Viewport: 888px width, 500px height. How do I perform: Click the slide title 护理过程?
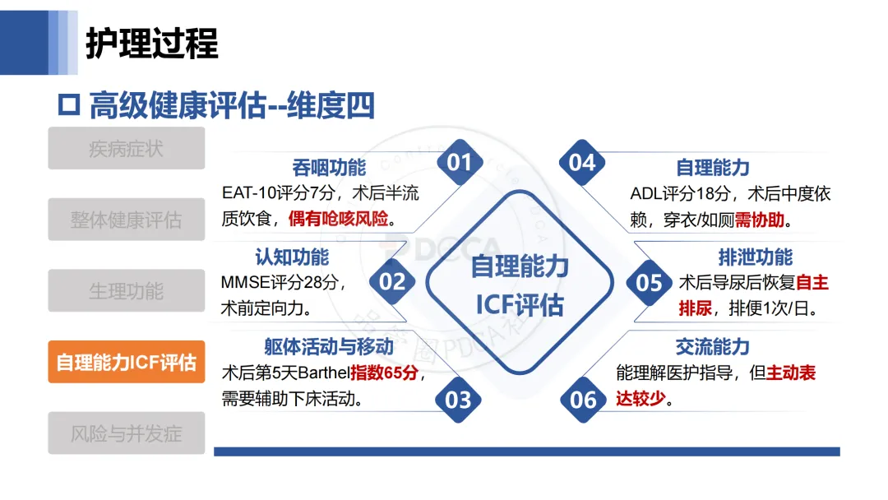point(152,43)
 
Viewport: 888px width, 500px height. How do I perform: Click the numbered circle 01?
point(460,163)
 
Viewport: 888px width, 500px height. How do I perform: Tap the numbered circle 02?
point(392,282)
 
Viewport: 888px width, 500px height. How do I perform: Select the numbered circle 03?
point(458,400)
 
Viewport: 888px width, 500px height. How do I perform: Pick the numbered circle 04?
point(582,163)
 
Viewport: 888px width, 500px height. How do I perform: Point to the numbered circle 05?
point(650,282)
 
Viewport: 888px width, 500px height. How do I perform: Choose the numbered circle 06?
point(583,400)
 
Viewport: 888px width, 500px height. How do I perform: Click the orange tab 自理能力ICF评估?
point(126,362)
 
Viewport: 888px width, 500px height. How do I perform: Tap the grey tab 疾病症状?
point(126,149)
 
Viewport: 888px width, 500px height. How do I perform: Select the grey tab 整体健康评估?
point(126,220)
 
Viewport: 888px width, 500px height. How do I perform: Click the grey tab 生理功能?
point(126,291)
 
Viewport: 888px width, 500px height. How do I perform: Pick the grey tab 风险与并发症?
point(126,433)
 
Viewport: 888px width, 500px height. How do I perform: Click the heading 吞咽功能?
point(329,169)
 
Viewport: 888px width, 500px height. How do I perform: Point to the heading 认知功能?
point(292,257)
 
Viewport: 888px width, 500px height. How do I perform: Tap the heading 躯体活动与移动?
point(329,347)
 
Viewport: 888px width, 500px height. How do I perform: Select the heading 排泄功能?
point(756,257)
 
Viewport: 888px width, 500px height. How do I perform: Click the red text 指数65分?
point(388,373)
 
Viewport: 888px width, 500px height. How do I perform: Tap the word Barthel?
point(320,373)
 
